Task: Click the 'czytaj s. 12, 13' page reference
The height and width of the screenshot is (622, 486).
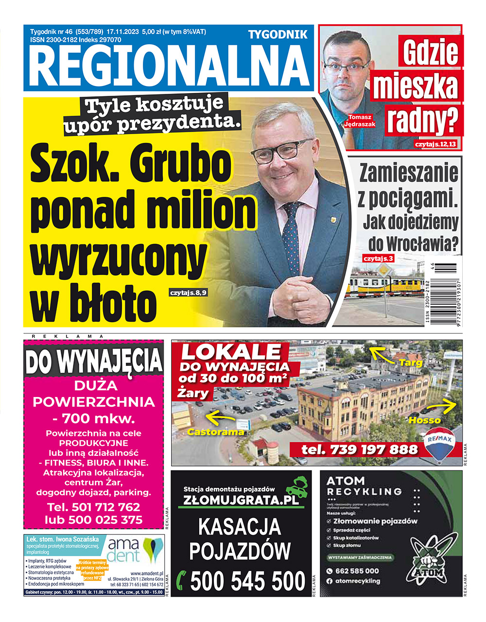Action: coord(435,144)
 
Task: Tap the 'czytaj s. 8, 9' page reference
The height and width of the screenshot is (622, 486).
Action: coord(189,293)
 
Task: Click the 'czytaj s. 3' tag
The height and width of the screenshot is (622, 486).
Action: coord(378,259)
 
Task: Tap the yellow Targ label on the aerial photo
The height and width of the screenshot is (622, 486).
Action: coord(411,363)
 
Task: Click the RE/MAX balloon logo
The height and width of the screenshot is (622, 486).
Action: coord(440,442)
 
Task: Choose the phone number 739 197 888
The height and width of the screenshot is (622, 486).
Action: coord(359,449)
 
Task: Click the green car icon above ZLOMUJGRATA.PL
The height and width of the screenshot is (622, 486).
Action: coord(296,486)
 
